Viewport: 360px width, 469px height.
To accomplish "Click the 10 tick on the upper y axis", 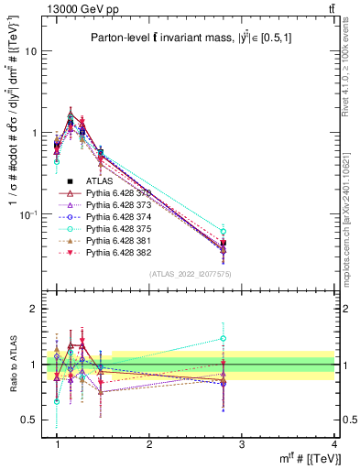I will pyautogui.click(x=30, y=51).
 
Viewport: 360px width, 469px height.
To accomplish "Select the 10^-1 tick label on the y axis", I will pyautogui.click(x=27, y=214).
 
